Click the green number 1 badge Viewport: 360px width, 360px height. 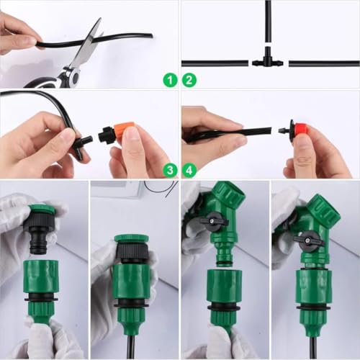(x=170, y=81)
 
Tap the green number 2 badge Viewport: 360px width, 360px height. (x=190, y=81)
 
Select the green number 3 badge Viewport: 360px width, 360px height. (x=170, y=170)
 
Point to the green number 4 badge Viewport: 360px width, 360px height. (x=190, y=170)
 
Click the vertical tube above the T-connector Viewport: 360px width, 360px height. (x=267, y=25)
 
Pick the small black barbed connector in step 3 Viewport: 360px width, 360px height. (x=82, y=139)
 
